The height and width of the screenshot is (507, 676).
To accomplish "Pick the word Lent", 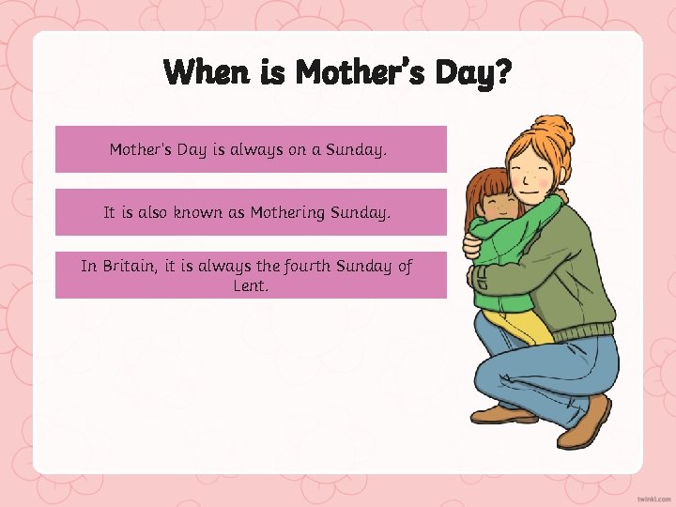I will tap(251, 285).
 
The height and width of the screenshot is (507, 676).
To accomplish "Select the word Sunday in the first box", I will tap(355, 149).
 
